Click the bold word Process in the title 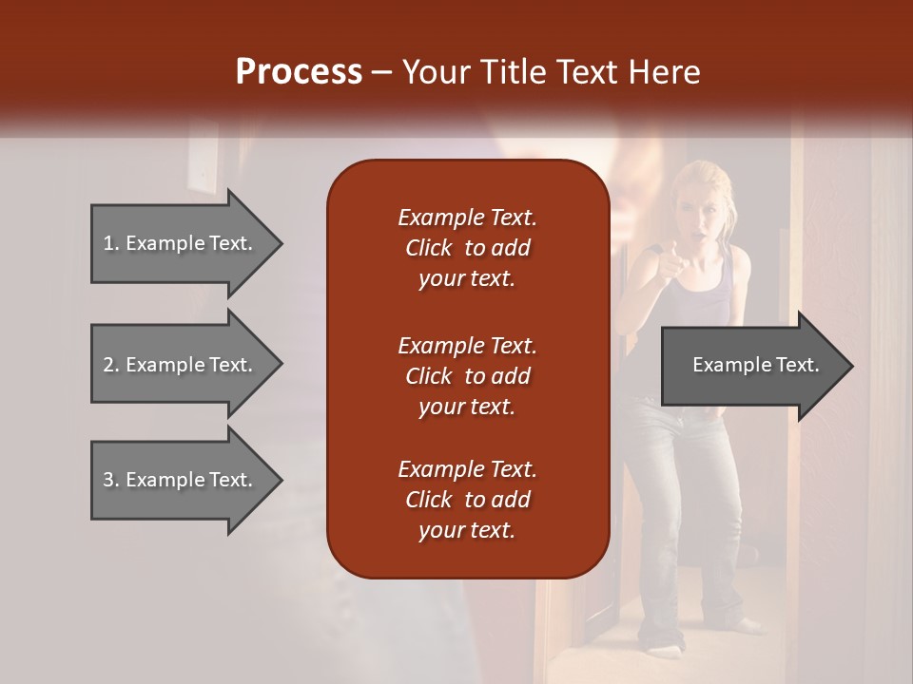(x=299, y=72)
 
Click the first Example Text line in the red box (x=467, y=218)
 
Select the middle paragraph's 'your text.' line (x=467, y=407)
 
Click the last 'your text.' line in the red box (x=467, y=530)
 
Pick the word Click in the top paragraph (x=429, y=248)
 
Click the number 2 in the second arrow (x=107, y=365)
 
